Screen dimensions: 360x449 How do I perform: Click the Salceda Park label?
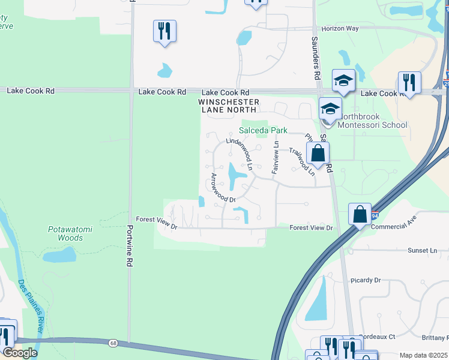coord(264,130)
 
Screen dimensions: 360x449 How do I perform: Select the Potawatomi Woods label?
coord(65,233)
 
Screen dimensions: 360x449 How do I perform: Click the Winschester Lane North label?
coord(229,106)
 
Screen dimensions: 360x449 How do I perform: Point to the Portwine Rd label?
coord(129,246)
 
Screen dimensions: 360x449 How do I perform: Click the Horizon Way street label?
coord(340,28)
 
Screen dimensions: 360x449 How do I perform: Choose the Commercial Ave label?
coord(393,226)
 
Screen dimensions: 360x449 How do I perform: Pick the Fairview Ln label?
coord(276,157)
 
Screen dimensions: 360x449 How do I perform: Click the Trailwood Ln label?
coord(302,161)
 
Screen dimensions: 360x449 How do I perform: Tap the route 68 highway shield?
coord(113,343)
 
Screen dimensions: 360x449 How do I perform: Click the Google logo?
coord(20,352)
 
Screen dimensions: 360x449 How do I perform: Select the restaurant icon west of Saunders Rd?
coord(164,31)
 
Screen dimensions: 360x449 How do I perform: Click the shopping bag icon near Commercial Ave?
coord(359,214)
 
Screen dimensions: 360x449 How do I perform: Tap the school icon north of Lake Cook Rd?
coord(343,80)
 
